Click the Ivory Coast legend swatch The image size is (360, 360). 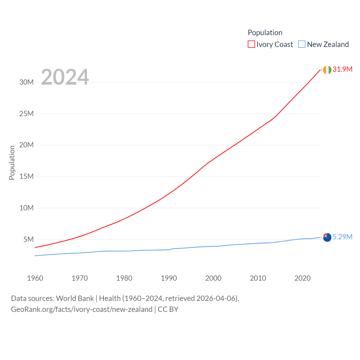point(251,44)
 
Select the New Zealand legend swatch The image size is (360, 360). point(302,44)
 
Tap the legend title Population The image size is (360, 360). point(265,33)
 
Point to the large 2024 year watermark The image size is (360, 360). point(65,77)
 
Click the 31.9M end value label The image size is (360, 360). point(342,69)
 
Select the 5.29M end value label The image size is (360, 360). point(342,237)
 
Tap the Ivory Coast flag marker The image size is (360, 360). point(327,70)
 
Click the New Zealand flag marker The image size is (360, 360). point(327,237)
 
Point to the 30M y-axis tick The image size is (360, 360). point(26,82)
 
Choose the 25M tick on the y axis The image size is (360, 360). point(26,114)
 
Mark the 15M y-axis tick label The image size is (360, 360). point(26,176)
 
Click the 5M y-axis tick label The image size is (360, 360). point(28,239)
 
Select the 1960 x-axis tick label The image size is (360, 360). point(35,278)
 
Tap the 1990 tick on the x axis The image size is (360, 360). point(169,278)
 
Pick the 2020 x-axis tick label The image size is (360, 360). point(302,278)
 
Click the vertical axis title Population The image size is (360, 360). point(12,163)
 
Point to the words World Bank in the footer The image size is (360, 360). point(75,298)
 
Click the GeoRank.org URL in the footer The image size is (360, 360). point(82,309)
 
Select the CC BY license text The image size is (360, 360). point(168,309)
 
